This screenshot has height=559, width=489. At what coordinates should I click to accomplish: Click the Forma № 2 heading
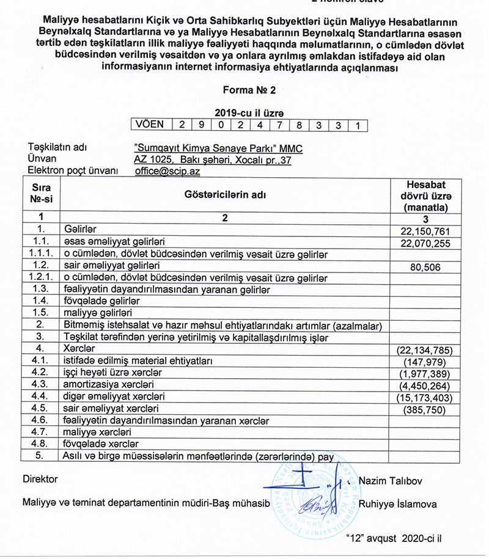249,90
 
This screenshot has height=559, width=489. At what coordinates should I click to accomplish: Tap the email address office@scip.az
167,172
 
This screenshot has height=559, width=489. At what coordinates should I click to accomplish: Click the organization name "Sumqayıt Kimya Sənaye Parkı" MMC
218,148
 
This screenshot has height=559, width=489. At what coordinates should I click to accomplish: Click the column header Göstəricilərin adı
225,194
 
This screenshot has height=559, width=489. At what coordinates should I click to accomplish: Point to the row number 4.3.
40,385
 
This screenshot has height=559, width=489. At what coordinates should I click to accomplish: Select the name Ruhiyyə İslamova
399,505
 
